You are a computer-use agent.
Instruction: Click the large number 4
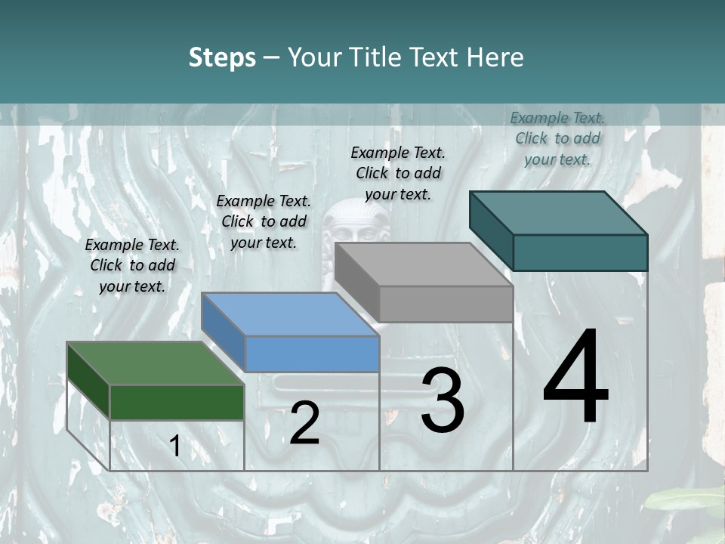coord(576,379)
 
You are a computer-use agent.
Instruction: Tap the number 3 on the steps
coord(443,400)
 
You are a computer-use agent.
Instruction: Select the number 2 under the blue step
coord(304,423)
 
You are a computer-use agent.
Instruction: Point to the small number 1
coord(175,447)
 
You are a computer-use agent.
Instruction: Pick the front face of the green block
coord(177,402)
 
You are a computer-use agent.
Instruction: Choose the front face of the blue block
coord(312,354)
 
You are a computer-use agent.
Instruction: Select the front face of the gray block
coord(446,304)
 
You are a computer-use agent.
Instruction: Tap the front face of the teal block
coord(580,252)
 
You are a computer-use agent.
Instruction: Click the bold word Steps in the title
coord(222,57)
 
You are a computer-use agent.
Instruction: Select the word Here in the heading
coord(495,57)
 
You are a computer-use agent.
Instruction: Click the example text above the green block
coord(132,265)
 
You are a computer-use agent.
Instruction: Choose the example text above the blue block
coord(264,221)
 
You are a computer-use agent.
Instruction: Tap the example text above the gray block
coord(398,173)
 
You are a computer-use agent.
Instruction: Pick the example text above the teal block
coord(557,138)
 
